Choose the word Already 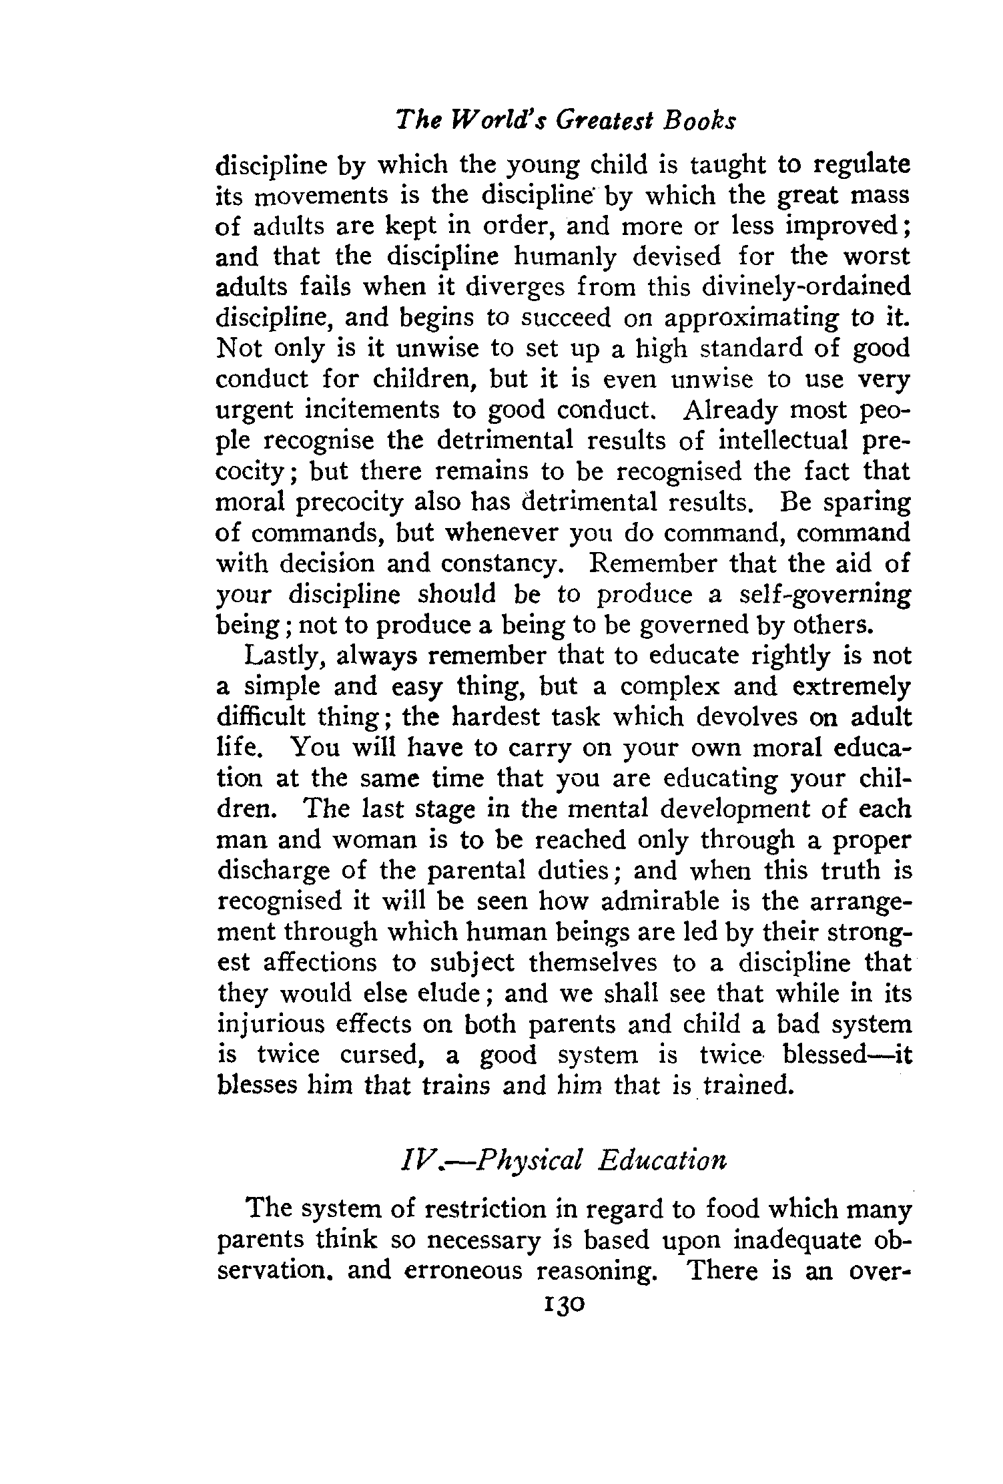point(731,410)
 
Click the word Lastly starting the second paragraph point(285,656)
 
